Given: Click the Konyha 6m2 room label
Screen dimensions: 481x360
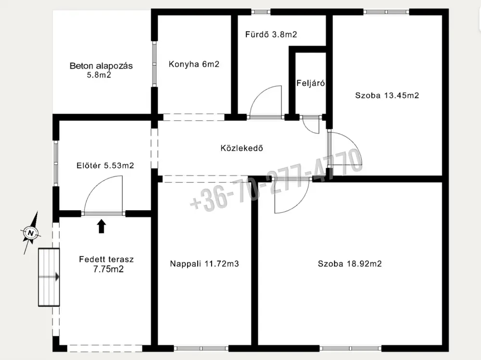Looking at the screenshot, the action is tap(194, 64).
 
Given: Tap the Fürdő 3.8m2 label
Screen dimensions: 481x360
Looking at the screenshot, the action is tap(271, 34).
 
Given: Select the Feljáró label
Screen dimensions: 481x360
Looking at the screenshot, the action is tap(310, 83).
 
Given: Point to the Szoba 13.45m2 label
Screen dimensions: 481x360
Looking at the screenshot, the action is tap(387, 95).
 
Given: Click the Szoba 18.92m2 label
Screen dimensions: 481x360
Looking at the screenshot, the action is tap(350, 264).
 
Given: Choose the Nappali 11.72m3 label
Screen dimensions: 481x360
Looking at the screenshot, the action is tap(204, 264).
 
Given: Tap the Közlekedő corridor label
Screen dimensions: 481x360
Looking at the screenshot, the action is tap(242, 148).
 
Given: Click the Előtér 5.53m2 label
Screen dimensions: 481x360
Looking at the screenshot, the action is tap(105, 166).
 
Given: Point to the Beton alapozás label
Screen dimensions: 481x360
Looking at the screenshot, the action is tap(101, 70).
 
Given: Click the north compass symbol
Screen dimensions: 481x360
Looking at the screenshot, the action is tap(31, 232).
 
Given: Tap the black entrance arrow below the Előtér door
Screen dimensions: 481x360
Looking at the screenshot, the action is tap(101, 226).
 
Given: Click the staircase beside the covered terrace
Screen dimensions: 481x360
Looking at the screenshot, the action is tap(49, 277).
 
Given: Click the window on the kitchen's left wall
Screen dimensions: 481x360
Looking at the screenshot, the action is tap(154, 64).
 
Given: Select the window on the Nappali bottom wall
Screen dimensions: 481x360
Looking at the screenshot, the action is tap(201, 348).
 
